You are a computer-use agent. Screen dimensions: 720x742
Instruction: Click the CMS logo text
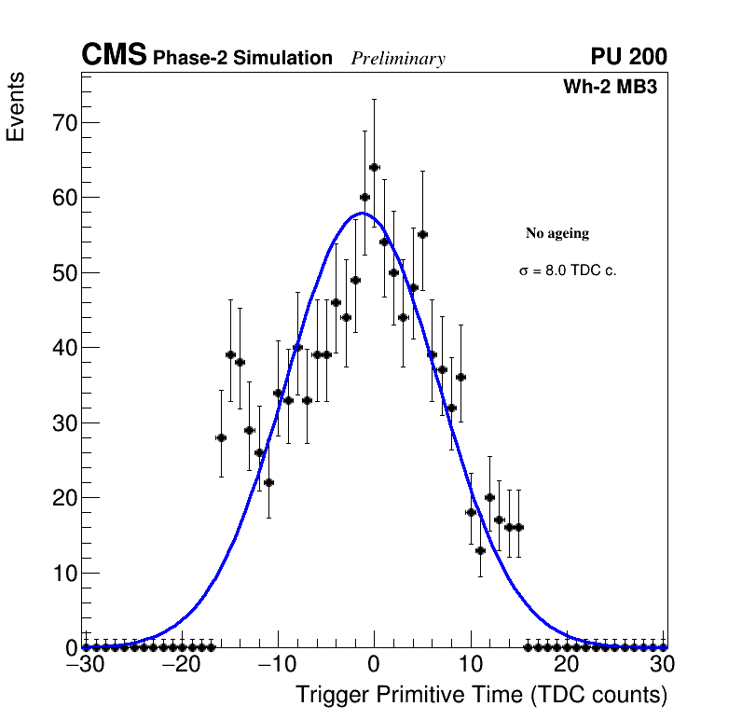tap(114, 56)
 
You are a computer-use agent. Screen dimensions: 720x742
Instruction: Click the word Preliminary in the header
tap(398, 59)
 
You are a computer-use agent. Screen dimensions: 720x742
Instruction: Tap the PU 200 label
tap(628, 57)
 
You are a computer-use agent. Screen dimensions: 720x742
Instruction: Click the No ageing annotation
tap(557, 233)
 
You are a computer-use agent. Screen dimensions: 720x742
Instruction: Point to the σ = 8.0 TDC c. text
tap(568, 271)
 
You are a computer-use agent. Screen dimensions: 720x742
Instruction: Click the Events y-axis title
tap(16, 106)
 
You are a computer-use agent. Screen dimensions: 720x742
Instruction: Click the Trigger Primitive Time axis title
tap(481, 695)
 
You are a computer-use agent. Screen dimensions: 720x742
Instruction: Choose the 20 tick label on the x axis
tap(567, 664)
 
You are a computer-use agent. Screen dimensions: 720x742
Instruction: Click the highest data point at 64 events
tap(374, 167)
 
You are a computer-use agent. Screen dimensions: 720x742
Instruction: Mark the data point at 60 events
tap(364, 197)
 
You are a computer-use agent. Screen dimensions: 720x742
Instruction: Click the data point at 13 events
tap(480, 550)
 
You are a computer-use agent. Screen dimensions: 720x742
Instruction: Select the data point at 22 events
tap(268, 482)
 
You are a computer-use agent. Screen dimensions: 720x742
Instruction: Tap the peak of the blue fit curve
tap(362, 213)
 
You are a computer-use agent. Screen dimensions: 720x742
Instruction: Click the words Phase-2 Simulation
tap(242, 59)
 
